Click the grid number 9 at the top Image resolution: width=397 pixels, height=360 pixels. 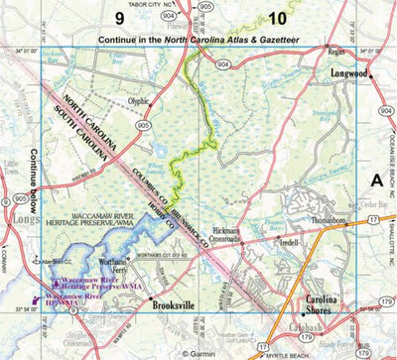118,19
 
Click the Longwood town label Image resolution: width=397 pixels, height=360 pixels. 355,73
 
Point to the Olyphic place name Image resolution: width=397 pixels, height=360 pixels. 139,100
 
